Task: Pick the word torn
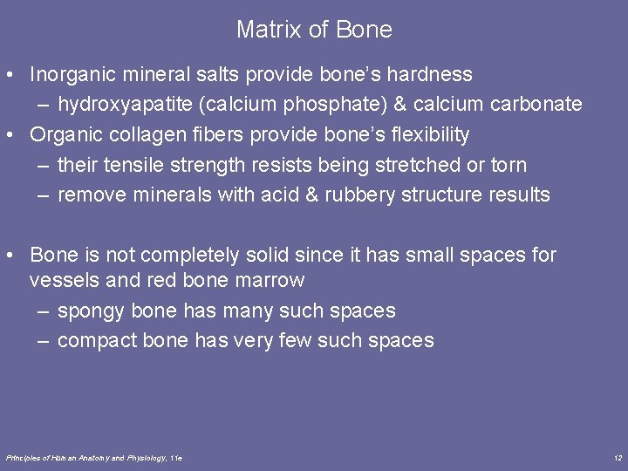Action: click(x=509, y=165)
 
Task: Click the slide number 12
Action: click(x=617, y=457)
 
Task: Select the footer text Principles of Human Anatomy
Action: click(x=65, y=457)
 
